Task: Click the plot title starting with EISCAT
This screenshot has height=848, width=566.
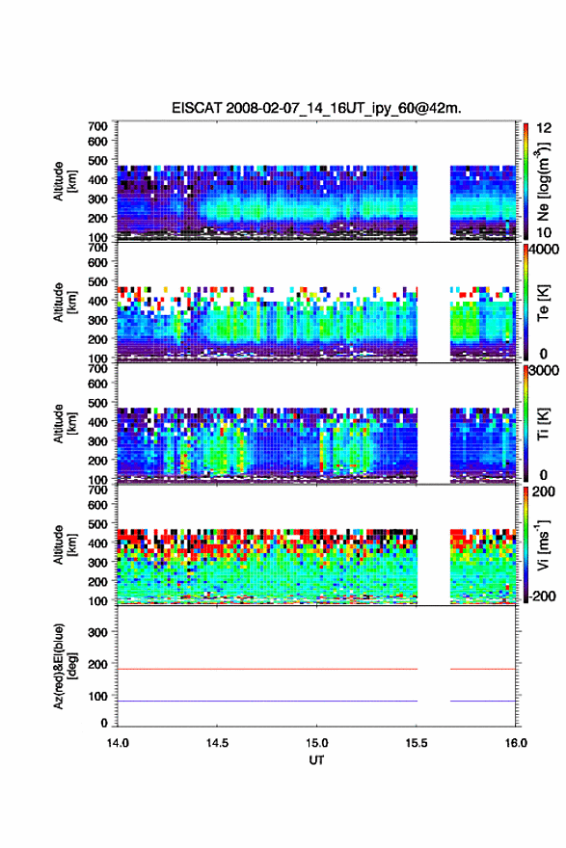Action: (x=316, y=108)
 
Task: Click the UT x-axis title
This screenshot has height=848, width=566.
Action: (x=316, y=760)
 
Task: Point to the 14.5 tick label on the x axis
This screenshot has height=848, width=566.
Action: (x=217, y=743)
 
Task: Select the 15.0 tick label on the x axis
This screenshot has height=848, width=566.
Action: (x=316, y=743)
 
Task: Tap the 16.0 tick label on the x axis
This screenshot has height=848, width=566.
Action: (x=516, y=743)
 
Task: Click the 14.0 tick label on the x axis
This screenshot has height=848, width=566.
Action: (x=118, y=743)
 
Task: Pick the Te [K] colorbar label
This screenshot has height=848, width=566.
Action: (x=543, y=303)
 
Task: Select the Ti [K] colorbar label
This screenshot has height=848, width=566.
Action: (x=543, y=423)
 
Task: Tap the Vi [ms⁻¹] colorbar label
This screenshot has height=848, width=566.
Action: (x=543, y=544)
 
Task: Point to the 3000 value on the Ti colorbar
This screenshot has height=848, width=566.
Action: (x=545, y=371)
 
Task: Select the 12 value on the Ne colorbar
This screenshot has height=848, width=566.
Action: (x=544, y=128)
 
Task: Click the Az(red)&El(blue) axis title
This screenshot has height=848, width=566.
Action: (x=66, y=666)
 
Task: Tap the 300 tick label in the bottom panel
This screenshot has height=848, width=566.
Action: (x=98, y=632)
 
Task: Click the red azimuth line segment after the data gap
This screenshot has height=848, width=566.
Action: (x=483, y=669)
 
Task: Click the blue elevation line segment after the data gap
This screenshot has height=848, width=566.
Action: (x=483, y=701)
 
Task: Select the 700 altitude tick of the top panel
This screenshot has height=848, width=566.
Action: (x=98, y=126)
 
